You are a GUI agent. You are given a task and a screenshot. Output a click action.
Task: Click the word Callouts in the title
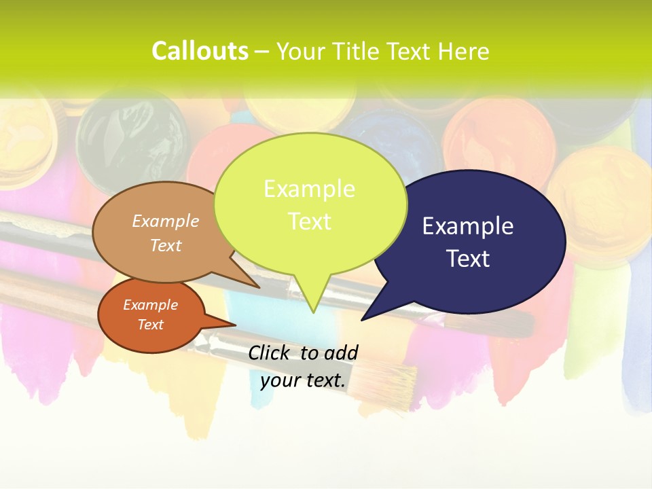point(200,51)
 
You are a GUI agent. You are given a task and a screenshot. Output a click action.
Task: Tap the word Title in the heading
point(358,51)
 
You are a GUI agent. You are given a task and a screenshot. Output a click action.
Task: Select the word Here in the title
point(464,51)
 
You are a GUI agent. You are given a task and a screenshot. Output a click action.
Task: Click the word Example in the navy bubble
point(468,226)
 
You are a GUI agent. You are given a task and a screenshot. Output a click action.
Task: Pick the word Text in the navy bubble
point(468,259)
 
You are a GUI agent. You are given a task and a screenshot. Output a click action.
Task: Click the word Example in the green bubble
point(309,189)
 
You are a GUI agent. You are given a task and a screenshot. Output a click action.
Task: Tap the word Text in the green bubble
point(309,221)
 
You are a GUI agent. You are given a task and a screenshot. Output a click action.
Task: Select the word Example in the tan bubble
point(166,221)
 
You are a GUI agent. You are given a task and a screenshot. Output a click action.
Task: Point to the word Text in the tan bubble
point(166,245)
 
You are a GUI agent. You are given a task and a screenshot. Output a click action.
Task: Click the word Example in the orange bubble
point(151,305)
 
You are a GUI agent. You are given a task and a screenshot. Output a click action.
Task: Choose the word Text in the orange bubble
point(151,325)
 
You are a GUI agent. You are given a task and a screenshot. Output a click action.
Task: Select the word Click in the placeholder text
point(270,352)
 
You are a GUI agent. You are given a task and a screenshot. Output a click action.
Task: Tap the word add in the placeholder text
point(340,352)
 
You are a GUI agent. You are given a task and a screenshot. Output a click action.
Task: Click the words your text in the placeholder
point(303,380)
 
